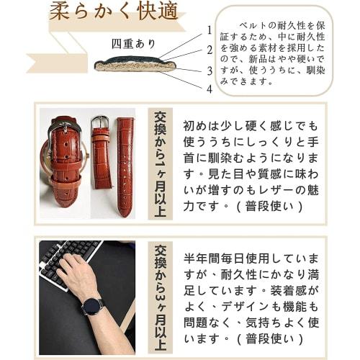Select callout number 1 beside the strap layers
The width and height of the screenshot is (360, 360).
(x=210, y=31)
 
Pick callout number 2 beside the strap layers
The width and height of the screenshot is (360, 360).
(x=210, y=50)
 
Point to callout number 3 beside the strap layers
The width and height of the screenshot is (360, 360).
(x=210, y=71)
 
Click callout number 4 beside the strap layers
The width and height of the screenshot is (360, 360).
(x=210, y=90)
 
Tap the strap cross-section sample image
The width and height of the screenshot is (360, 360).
(x=135, y=64)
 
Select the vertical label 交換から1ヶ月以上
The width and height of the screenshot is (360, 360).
(x=159, y=164)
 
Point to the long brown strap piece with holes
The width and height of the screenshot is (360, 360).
(x=125, y=166)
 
